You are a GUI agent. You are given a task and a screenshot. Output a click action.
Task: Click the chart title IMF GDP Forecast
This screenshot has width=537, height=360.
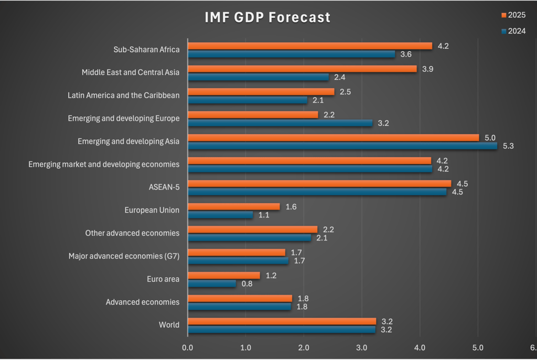[267, 17]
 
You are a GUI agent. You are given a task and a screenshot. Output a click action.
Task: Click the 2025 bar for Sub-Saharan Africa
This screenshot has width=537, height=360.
[309, 46]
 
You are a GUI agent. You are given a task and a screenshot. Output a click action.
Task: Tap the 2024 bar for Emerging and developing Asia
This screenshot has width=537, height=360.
[342, 146]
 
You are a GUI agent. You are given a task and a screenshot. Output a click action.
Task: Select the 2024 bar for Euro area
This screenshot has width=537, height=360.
[211, 283]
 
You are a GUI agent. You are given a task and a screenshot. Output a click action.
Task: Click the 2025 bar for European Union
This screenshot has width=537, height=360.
[233, 206]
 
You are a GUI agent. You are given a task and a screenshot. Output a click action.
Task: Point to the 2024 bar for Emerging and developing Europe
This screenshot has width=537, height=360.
[280, 123]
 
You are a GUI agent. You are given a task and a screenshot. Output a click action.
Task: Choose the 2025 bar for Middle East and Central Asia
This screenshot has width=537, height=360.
[302, 69]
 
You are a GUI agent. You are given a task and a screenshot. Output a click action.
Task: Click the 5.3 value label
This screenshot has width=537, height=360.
[508, 146]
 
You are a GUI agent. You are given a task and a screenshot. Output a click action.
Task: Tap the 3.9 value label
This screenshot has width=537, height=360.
[428, 69]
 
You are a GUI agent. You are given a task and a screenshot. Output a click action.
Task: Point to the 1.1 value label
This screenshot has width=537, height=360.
[264, 215]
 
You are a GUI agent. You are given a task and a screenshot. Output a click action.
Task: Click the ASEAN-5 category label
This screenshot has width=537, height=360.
[164, 187]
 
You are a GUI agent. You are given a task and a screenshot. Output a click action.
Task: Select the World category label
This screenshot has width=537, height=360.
[169, 325]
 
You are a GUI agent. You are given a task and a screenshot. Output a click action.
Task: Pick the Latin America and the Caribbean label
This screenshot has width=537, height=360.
[123, 95]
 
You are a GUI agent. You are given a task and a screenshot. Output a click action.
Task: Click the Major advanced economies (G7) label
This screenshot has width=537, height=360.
[124, 256]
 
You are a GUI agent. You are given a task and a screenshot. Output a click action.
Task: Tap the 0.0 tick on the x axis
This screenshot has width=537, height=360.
[188, 347]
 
